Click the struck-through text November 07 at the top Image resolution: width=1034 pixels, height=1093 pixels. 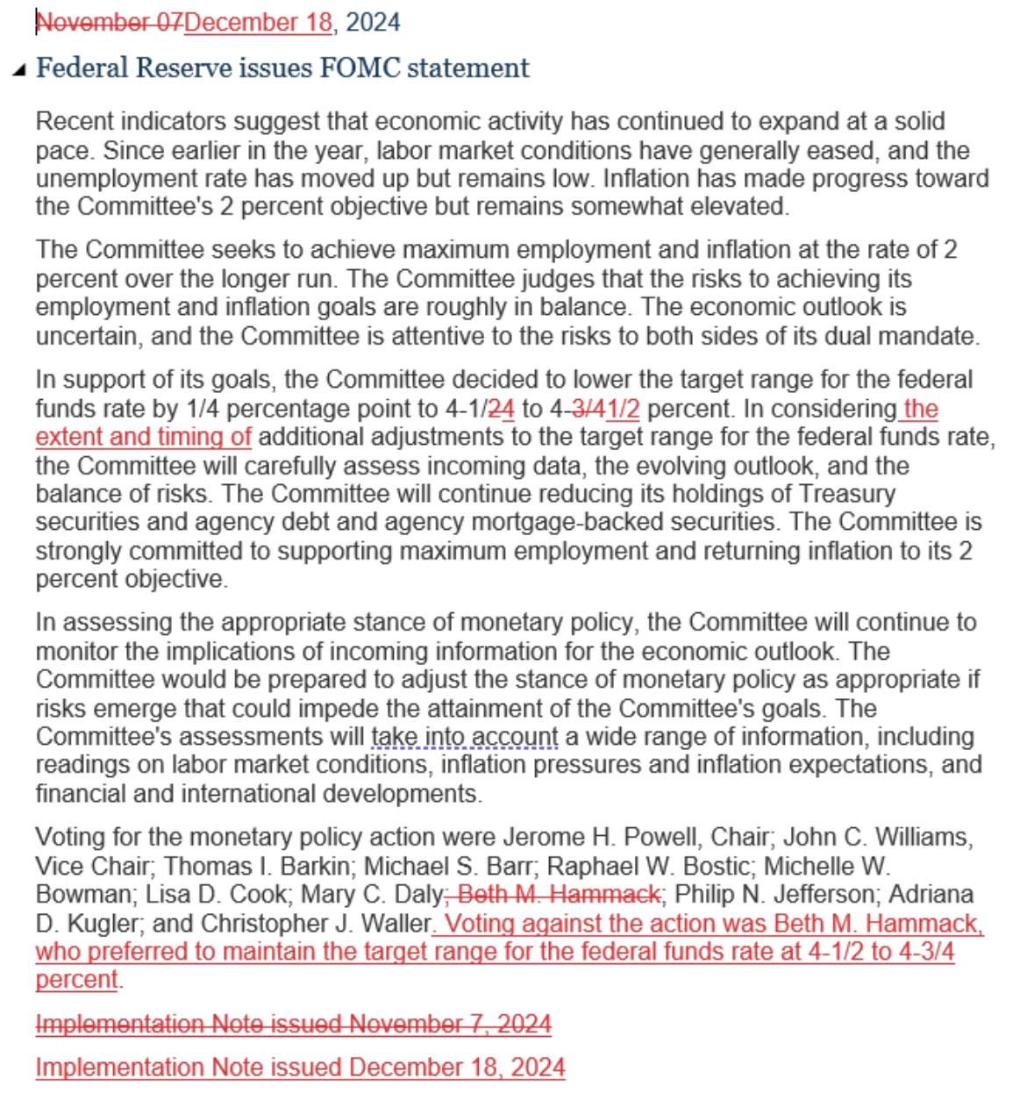(109, 23)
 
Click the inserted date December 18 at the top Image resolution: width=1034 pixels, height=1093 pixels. (258, 23)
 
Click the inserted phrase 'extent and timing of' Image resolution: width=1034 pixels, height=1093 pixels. (144, 437)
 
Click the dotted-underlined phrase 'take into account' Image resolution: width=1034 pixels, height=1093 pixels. (465, 737)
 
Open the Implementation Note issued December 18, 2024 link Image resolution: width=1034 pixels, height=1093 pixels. (300, 1068)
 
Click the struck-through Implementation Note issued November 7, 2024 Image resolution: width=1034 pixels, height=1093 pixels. (293, 1025)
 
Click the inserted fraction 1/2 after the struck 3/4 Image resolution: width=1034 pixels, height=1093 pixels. (622, 410)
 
